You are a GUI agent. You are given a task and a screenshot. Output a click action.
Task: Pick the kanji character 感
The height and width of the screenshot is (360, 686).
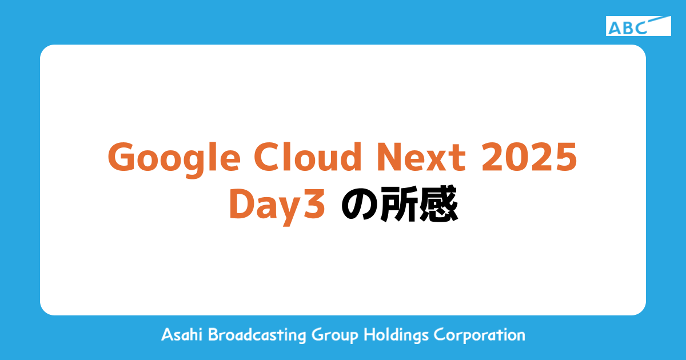point(438,205)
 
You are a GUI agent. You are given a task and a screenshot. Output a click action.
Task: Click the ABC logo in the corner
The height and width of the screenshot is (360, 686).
point(638,26)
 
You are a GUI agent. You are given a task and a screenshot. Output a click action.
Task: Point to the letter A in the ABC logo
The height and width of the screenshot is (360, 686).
point(615,28)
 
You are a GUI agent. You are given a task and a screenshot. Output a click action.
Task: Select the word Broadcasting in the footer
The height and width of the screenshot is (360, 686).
point(257,335)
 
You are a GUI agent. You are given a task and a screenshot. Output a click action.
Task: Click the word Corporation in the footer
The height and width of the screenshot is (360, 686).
point(479,335)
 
